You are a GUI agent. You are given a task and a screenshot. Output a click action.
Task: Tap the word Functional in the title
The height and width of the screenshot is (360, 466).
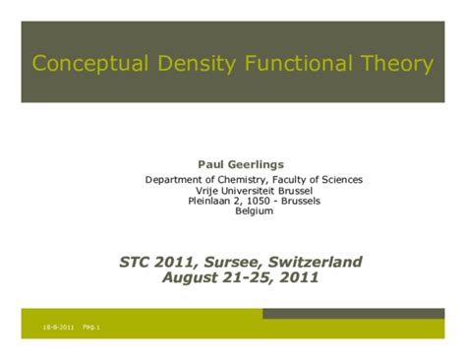[x=290, y=65]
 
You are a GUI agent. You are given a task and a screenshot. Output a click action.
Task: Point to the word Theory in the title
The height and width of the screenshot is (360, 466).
[x=393, y=65]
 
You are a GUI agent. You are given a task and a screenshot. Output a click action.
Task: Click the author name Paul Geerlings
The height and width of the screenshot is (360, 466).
[x=241, y=163]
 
